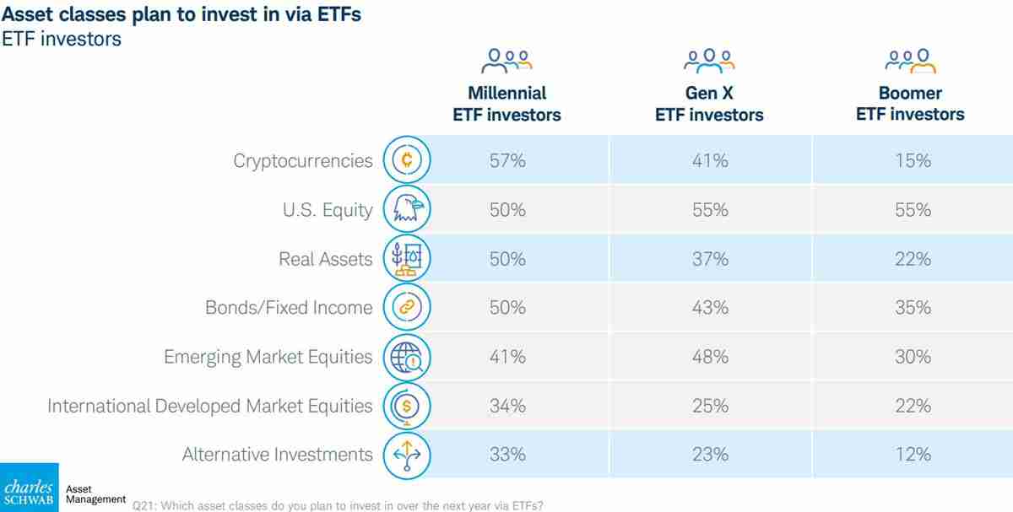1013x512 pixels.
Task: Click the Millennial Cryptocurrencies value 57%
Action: [x=507, y=160]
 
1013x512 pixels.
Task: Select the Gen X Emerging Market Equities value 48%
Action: [x=709, y=357]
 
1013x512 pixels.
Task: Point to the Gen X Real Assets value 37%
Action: [x=709, y=259]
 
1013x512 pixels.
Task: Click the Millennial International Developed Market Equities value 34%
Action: [x=507, y=406]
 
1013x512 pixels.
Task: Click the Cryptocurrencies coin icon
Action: [x=407, y=160]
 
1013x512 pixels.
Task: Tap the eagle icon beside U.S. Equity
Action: [x=407, y=209]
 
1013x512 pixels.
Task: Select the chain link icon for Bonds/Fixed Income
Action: [x=407, y=308]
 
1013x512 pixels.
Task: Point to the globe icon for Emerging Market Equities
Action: [x=407, y=358]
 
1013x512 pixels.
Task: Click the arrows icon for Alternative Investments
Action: [x=407, y=455]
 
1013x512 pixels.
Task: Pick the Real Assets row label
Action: [x=326, y=259]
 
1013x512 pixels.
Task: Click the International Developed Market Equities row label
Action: [x=209, y=406]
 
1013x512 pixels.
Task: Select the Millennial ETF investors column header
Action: [x=506, y=104]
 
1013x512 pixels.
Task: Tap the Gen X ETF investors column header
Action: [x=709, y=104]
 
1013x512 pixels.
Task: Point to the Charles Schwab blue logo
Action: [x=29, y=488]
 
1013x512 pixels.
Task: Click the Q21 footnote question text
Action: [x=338, y=505]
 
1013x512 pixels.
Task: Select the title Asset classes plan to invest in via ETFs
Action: [x=181, y=15]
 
